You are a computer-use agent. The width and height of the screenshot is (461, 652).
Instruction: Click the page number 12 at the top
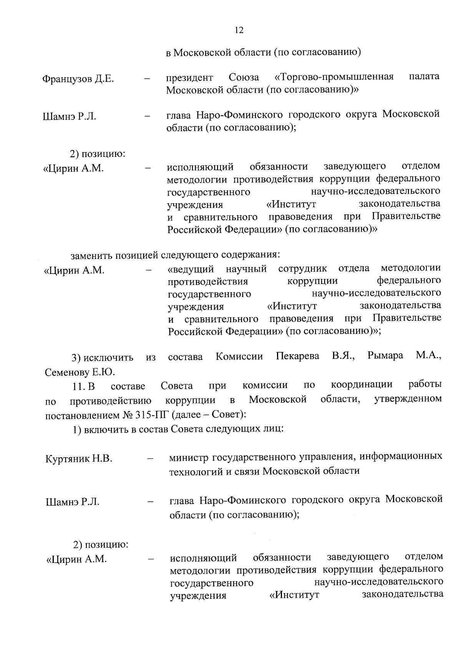[x=239, y=30]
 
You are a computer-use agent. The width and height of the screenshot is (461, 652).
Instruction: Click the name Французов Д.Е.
[x=78, y=80]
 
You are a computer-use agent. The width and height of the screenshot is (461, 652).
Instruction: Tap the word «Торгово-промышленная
[x=334, y=77]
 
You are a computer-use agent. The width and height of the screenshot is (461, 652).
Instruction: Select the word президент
[x=189, y=78]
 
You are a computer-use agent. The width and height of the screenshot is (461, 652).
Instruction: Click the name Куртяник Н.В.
[x=79, y=459]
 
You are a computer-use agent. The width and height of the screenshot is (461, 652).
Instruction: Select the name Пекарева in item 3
[x=297, y=356]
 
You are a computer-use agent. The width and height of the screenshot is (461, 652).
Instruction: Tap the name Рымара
[x=385, y=356]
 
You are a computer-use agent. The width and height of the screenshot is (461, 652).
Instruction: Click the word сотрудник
[x=302, y=268]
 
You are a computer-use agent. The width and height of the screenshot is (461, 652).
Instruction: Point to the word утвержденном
[x=408, y=399]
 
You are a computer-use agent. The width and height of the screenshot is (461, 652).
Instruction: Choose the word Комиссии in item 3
[x=239, y=357]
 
